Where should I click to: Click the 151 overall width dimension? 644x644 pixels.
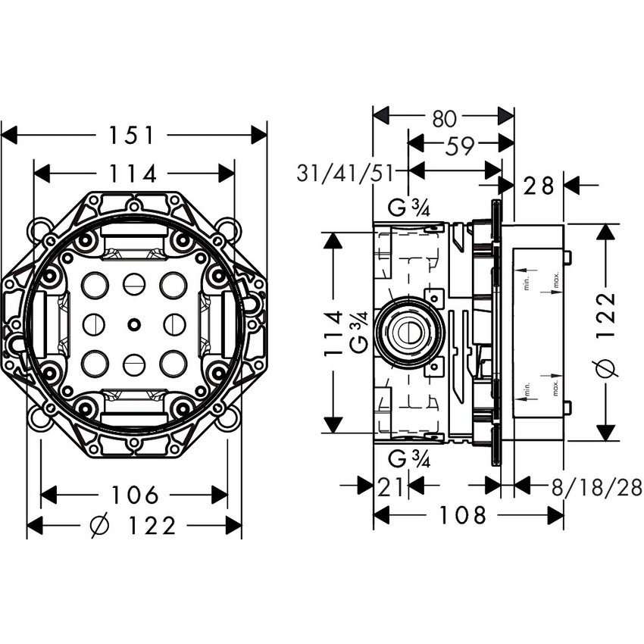coord(133,136)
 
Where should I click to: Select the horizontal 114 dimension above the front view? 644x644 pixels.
coord(133,174)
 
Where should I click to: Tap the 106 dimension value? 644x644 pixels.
coord(134,496)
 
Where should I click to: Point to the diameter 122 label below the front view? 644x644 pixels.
coord(133,525)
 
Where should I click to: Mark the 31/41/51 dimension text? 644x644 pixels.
coord(345,173)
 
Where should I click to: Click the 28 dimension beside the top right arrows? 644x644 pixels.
coord(538,185)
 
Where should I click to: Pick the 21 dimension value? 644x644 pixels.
coord(389,487)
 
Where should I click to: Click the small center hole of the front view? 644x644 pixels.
coord(134,325)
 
